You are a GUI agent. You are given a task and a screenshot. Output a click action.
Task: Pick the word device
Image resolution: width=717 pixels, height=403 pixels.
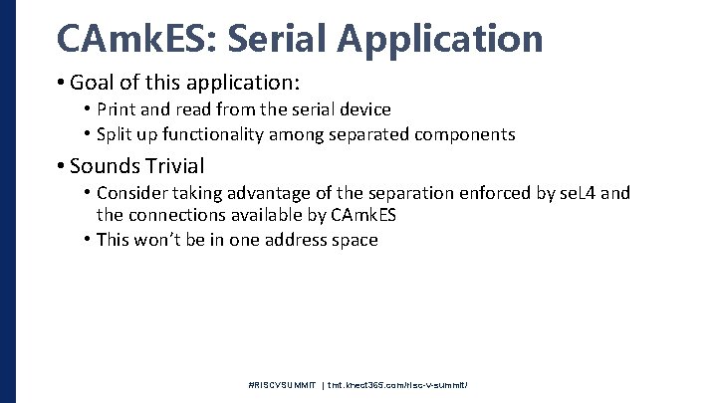coord(363,109)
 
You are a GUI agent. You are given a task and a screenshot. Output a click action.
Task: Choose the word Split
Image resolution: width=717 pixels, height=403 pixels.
coord(117,133)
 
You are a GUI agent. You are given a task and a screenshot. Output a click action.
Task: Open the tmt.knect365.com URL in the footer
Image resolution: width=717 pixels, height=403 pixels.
coord(398,384)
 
